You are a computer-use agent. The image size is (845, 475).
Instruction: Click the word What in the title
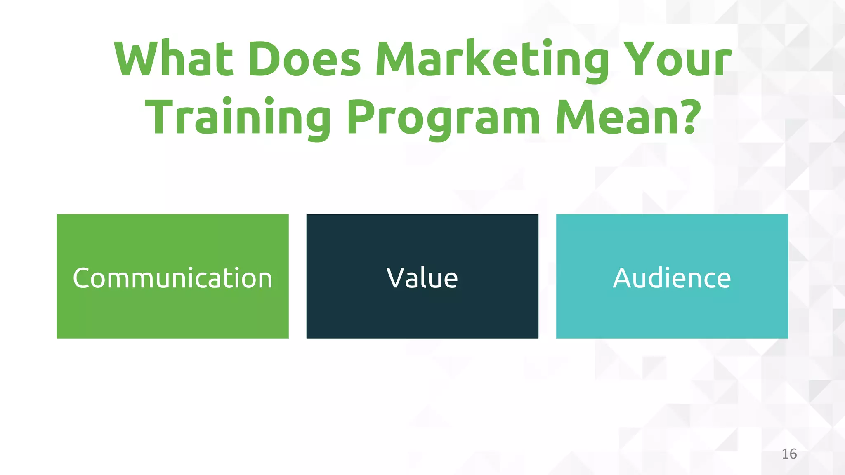point(173,59)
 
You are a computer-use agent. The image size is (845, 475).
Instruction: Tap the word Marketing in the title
point(491,59)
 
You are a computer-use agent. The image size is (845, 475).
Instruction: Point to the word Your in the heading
point(677,59)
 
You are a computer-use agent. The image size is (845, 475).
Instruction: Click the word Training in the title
point(238,117)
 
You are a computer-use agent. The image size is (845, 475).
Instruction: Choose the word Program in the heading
point(443,117)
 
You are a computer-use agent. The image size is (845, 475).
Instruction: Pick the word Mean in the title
point(617,117)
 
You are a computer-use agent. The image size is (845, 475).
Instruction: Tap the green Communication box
point(172,313)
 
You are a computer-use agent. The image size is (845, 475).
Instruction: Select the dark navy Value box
point(422,313)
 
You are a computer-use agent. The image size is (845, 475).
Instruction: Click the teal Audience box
point(672,313)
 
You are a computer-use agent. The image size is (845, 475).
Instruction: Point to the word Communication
point(172,278)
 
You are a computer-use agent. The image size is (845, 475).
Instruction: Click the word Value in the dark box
point(422,278)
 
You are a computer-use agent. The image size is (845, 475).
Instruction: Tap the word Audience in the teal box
point(672,278)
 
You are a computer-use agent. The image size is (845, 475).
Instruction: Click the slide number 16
point(789,454)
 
